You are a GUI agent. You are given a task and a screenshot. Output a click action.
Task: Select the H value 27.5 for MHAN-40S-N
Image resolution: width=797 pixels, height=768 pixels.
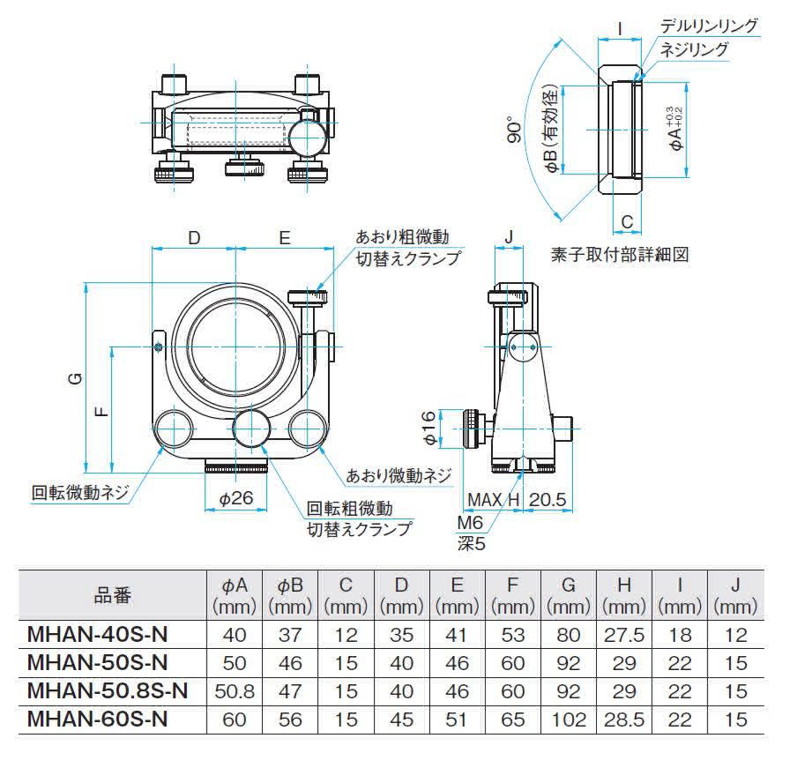(x=623, y=634)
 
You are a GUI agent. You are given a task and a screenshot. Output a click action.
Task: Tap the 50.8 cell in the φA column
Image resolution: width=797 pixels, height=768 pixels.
(x=234, y=691)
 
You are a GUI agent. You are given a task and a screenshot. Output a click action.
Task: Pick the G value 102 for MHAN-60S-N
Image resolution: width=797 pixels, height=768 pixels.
(x=568, y=720)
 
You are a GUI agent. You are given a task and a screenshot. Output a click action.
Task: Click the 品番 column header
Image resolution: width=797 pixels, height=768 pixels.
(x=112, y=595)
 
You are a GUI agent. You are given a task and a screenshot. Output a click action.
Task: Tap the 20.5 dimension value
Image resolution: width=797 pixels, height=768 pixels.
(x=547, y=500)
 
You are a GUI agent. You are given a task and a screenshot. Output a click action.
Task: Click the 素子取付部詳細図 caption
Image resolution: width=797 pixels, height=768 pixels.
(x=617, y=255)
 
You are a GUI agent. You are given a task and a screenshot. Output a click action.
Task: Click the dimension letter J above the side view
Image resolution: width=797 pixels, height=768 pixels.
(x=510, y=236)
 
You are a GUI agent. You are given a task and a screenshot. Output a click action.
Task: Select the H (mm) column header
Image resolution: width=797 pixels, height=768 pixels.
(x=623, y=595)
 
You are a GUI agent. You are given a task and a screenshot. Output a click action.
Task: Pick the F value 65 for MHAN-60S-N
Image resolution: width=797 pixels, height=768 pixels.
(x=512, y=720)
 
